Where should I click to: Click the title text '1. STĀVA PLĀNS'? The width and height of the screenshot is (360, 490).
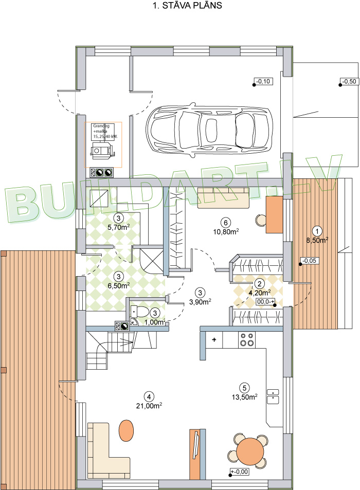[x=179, y=6]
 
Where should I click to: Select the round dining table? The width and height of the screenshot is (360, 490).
[x=249, y=451]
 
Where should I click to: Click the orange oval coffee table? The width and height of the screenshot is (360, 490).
[x=125, y=430]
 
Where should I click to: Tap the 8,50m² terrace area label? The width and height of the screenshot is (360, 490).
[x=317, y=240]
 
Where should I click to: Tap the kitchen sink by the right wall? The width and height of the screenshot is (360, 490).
[x=273, y=396]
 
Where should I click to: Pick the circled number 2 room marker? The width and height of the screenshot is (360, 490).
[x=260, y=284]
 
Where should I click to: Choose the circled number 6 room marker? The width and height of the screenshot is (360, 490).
[x=224, y=223]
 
